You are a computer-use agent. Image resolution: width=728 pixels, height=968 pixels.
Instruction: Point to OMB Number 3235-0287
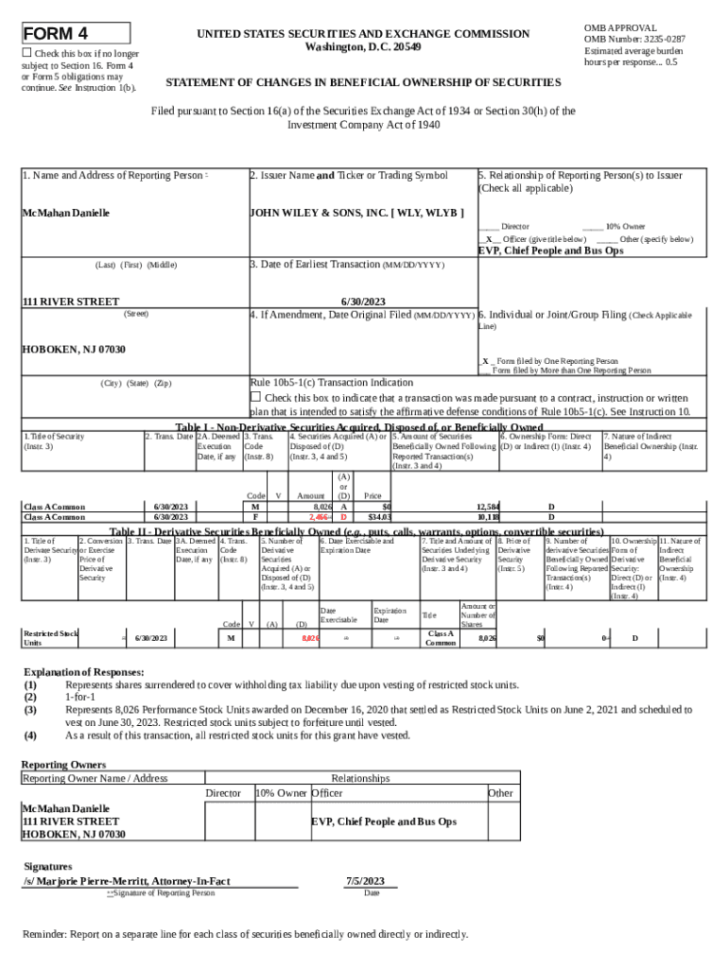click(x=633, y=39)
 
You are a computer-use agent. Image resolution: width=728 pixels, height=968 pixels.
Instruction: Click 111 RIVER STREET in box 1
click(x=71, y=302)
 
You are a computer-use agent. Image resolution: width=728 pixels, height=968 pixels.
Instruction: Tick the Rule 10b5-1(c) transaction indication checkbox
click(x=254, y=396)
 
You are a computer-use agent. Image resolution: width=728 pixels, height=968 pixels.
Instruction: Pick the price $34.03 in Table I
click(x=379, y=518)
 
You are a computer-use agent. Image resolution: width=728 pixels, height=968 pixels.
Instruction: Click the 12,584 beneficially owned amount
click(x=488, y=508)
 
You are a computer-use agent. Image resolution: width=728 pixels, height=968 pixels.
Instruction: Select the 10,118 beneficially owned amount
click(x=488, y=518)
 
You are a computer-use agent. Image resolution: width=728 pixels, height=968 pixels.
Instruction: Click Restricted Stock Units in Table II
click(x=50, y=638)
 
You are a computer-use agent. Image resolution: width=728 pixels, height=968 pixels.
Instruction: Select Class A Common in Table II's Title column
click(x=441, y=638)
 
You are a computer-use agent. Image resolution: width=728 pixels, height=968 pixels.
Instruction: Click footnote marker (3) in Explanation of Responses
click(x=31, y=708)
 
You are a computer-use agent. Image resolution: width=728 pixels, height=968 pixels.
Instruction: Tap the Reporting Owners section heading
click(x=63, y=764)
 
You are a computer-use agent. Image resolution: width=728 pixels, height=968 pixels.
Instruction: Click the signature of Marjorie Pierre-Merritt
click(x=127, y=880)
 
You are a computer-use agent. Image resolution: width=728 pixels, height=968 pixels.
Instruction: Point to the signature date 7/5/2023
click(x=371, y=880)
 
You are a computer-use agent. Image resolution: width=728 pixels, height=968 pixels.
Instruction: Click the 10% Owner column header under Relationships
click(x=281, y=793)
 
